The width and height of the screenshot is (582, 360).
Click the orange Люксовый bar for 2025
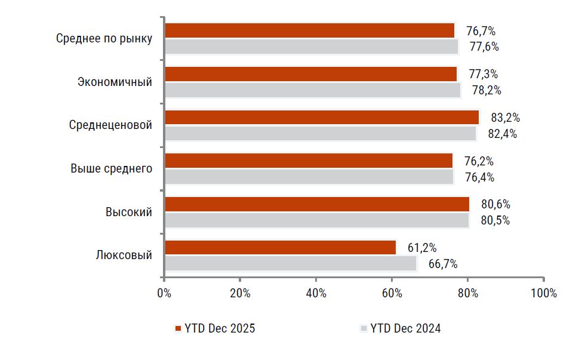pyautogui.click(x=280, y=247)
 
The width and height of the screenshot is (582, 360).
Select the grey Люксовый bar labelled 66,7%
pyautogui.click(x=290, y=263)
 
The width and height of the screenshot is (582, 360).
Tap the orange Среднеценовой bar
pyautogui.click(x=322, y=117)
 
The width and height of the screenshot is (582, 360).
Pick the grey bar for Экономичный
pyautogui.click(x=313, y=90)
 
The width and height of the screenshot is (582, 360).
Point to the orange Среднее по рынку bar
pyautogui.click(x=309, y=30)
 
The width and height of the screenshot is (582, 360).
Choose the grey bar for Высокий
pyautogui.click(x=316, y=220)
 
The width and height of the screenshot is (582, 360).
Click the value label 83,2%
pyautogui.click(x=505, y=118)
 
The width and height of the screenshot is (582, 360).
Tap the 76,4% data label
pyautogui.click(x=480, y=177)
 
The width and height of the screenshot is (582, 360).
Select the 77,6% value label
pyautogui.click(x=484, y=47)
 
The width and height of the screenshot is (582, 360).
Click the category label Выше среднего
pyautogui.click(x=112, y=169)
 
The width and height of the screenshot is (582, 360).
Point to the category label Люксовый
pyautogui.click(x=124, y=256)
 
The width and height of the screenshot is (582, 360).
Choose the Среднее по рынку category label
pyautogui.click(x=104, y=39)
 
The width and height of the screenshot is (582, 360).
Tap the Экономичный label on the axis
pyautogui.click(x=115, y=82)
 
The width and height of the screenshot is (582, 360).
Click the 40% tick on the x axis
pyautogui.click(x=316, y=293)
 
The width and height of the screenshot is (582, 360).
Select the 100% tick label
pyautogui.click(x=543, y=293)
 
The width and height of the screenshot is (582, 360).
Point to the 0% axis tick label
pyautogui.click(x=164, y=293)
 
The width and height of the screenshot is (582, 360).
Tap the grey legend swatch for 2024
pyautogui.click(x=363, y=328)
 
